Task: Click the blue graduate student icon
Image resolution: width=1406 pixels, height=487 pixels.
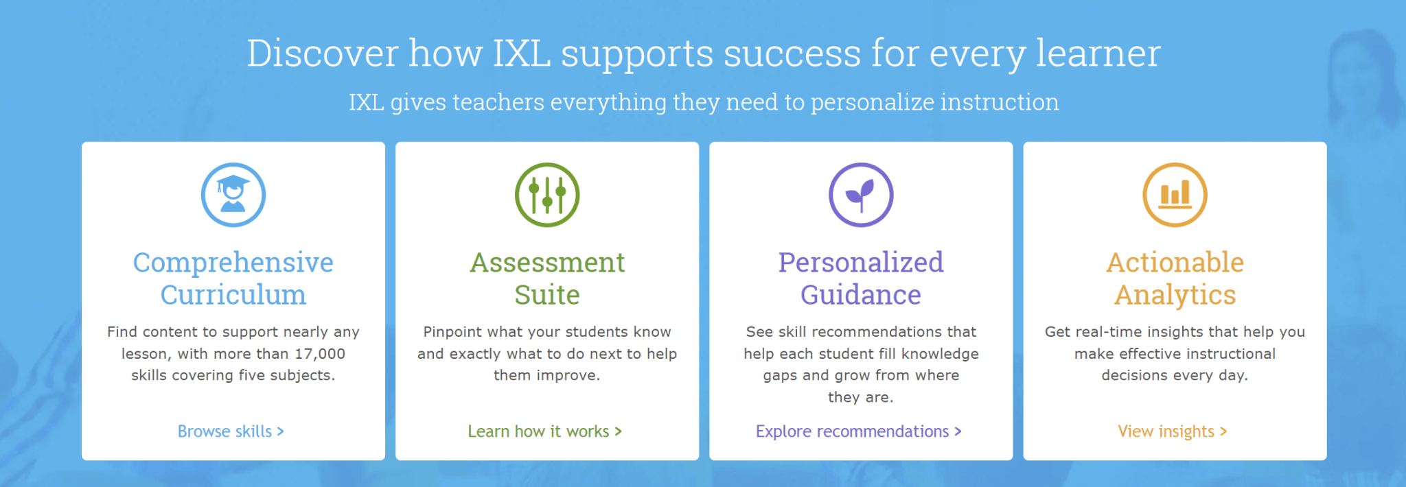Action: (x=233, y=195)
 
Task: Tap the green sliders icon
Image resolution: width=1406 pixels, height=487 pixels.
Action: (x=547, y=195)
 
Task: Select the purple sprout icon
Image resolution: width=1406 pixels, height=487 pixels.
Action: (x=861, y=195)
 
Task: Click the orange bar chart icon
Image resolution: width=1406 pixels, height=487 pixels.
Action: (x=1175, y=195)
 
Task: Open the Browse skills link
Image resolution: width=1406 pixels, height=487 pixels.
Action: (x=231, y=431)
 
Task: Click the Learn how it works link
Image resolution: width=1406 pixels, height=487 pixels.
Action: (x=544, y=431)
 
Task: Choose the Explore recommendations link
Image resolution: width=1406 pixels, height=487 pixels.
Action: (x=858, y=431)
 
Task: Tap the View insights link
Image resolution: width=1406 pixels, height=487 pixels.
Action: (x=1172, y=431)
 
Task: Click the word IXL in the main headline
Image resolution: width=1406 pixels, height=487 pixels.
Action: (x=522, y=53)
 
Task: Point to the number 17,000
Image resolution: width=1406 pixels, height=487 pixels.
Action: (x=320, y=354)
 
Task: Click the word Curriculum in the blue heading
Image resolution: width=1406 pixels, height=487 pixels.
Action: (x=233, y=295)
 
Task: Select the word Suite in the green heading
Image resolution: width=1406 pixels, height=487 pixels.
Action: (x=547, y=295)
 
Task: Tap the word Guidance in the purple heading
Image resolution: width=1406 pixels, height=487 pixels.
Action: (x=861, y=295)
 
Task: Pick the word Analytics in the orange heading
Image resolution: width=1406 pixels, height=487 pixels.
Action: (x=1175, y=295)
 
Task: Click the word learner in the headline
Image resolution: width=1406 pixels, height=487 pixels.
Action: (x=1098, y=53)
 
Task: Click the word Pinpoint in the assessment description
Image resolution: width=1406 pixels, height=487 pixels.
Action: (x=452, y=332)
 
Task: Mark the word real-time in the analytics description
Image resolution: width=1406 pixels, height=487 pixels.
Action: (x=1105, y=332)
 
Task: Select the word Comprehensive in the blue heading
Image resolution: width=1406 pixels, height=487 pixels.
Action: (x=233, y=263)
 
